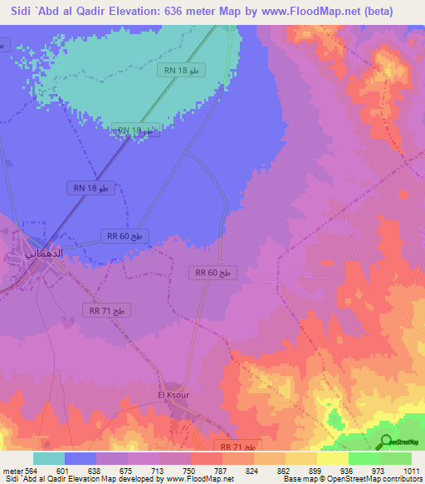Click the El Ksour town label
173,395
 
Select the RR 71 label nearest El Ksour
238,447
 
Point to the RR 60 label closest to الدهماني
124,236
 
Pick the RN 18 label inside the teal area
181,72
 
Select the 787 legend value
222,470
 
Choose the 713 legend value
159,470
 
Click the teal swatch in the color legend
48,458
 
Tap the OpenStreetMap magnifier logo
387,442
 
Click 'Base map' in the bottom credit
298,480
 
